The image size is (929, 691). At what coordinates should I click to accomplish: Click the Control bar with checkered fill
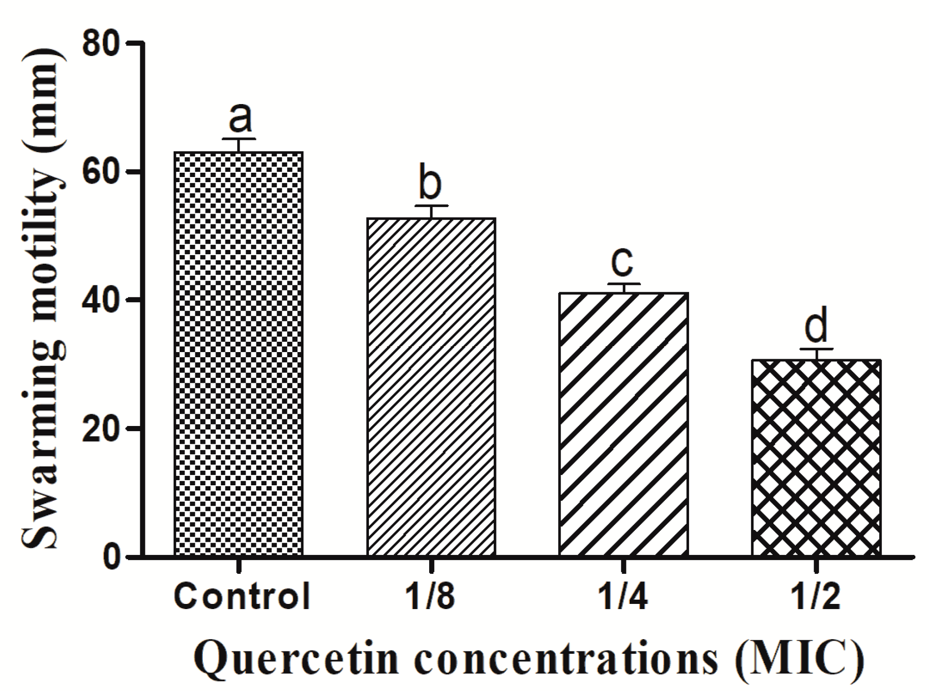tap(239, 353)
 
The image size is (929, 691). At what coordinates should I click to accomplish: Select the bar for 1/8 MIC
tap(431, 386)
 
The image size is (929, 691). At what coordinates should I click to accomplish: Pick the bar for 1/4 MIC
tap(624, 424)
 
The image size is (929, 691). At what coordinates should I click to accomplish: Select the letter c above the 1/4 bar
tap(622, 263)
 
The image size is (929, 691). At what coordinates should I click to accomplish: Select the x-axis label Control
tap(242, 596)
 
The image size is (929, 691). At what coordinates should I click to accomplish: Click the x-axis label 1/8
tap(431, 596)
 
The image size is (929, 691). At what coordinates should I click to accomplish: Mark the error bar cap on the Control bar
tap(239, 139)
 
